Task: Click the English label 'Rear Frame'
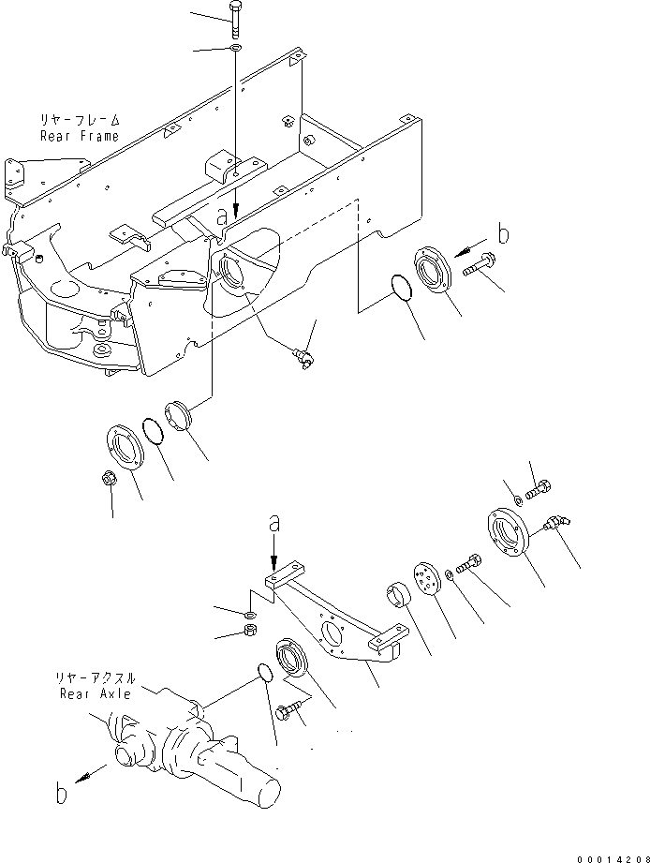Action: point(79,136)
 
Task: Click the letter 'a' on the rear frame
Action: point(222,215)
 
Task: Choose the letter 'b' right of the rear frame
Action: point(502,233)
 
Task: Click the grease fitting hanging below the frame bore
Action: point(303,358)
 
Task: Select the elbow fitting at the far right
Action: point(558,524)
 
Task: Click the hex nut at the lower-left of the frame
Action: point(109,478)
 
